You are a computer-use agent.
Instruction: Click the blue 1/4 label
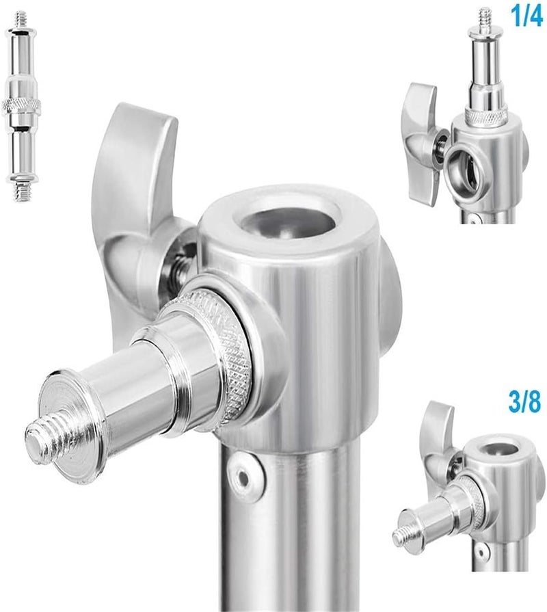coord(526,16)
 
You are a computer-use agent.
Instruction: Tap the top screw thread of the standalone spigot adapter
coord(21,20)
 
